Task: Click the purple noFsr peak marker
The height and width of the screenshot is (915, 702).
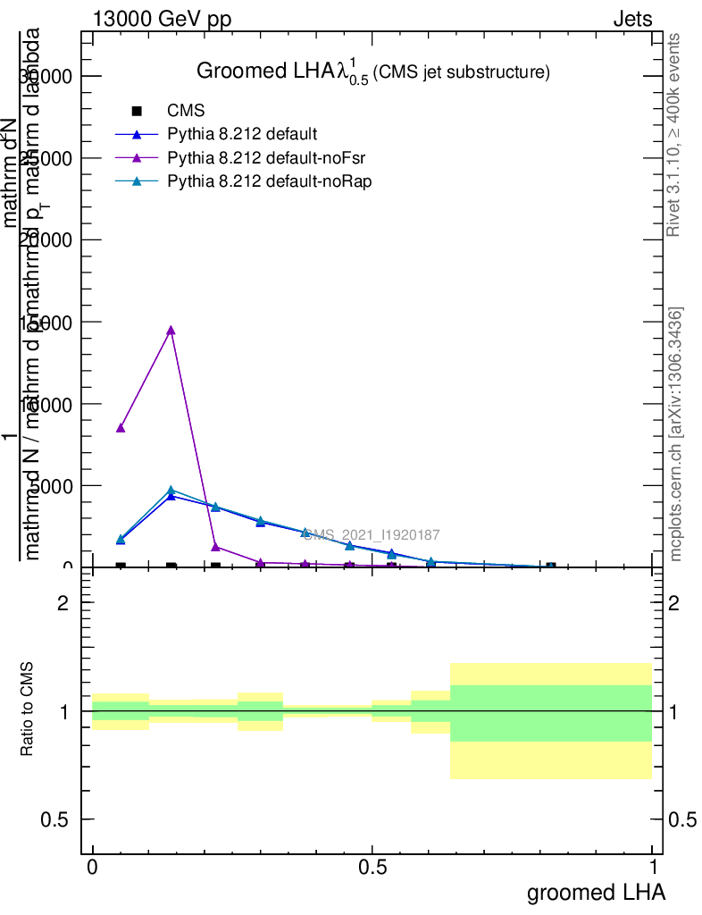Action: coord(171,330)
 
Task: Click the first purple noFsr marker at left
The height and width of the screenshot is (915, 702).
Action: coord(121,427)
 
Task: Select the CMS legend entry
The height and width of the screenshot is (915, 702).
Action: coord(186,111)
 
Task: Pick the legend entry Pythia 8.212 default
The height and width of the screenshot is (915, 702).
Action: coord(241,134)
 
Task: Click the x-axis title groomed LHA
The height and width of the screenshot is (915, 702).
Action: coord(596,892)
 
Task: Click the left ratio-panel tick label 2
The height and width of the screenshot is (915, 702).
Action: coord(63,603)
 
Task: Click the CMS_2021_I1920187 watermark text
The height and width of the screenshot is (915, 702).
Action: coord(372,534)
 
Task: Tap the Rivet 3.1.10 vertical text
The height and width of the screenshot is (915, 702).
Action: coord(674,134)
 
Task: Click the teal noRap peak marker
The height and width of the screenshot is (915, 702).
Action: coord(171,490)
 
